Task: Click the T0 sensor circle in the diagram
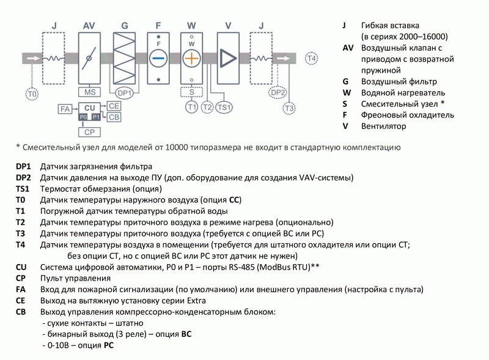click(x=32, y=94)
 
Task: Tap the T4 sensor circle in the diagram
click(x=312, y=59)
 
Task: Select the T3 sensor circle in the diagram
click(x=290, y=108)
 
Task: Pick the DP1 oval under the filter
click(x=125, y=93)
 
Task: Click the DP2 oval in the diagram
click(x=278, y=92)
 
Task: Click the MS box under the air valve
click(x=89, y=92)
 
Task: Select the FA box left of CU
click(x=64, y=109)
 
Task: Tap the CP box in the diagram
click(x=89, y=132)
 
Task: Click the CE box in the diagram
click(x=114, y=106)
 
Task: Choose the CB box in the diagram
click(x=114, y=117)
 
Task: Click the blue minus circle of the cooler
click(x=158, y=59)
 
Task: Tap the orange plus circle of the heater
click(x=192, y=59)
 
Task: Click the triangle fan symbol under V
click(x=228, y=59)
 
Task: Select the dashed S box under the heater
click(x=192, y=92)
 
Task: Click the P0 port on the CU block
click(x=84, y=117)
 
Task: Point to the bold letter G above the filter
click(x=125, y=26)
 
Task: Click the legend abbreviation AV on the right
click(x=348, y=47)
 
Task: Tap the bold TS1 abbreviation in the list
click(x=24, y=189)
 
